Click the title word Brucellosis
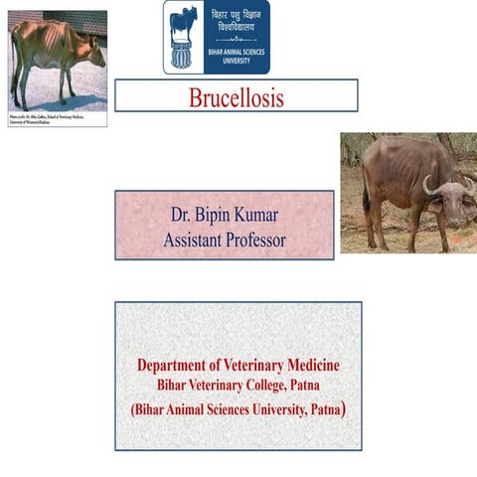tap(237, 97)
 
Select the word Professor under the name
tap(251, 239)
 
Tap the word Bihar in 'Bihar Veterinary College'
tap(175, 385)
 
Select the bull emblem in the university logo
tap(184, 37)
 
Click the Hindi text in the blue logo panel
tap(237, 26)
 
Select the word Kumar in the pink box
tap(261, 216)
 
